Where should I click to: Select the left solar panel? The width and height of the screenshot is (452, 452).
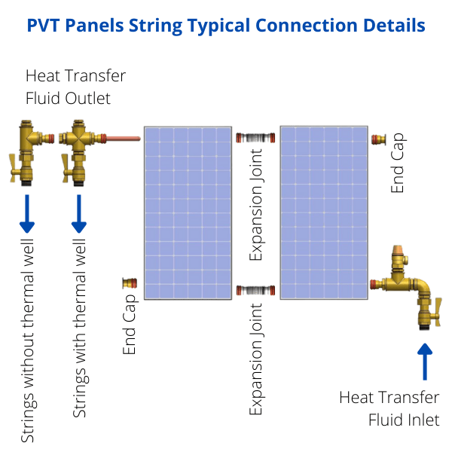click(188, 212)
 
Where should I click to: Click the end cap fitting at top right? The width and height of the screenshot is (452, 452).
click(380, 139)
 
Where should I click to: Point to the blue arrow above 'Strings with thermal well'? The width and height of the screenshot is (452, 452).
click(79, 213)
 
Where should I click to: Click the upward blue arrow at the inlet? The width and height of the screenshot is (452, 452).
click(425, 362)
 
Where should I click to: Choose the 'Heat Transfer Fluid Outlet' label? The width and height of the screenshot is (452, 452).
click(75, 87)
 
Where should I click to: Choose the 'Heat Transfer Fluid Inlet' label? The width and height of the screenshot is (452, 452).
click(389, 408)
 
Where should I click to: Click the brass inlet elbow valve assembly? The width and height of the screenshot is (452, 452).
click(411, 286)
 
